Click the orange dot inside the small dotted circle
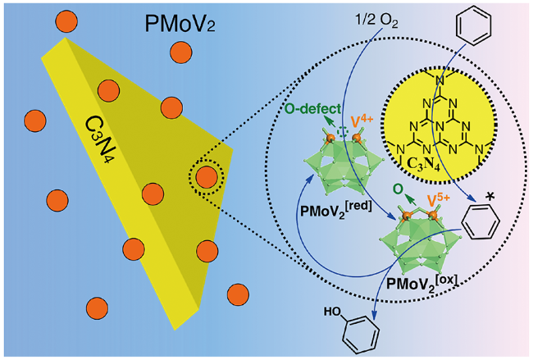207,176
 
